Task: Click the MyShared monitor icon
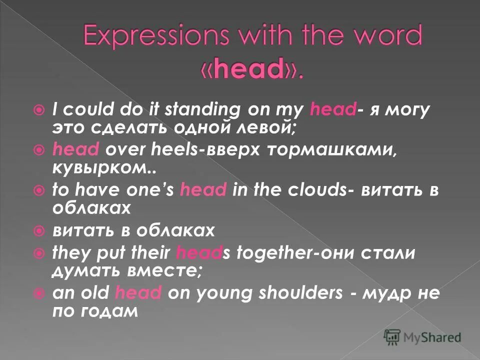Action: point(392,336)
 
